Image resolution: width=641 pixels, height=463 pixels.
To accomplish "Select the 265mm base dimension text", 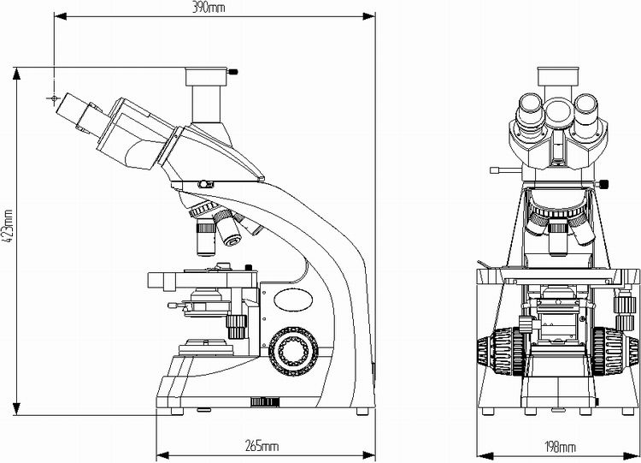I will tap(262, 446).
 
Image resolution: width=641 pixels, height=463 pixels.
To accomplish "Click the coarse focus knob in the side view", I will tap(291, 350).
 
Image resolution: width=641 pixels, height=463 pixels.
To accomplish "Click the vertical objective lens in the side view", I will tap(206, 238).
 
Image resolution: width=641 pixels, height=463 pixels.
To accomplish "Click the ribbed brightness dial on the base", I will tap(264, 402).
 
